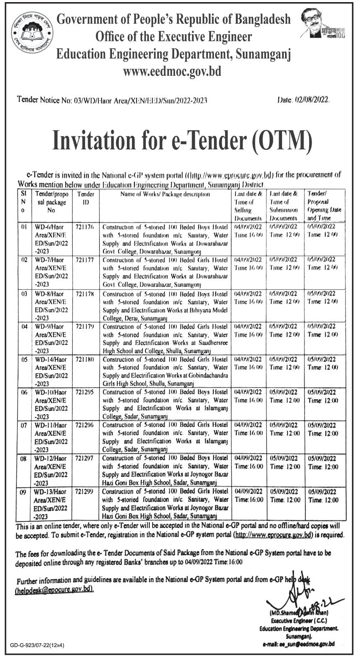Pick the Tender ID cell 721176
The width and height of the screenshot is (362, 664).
pyautogui.click(x=86, y=227)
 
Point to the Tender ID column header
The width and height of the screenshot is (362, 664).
pyautogui.click(x=86, y=198)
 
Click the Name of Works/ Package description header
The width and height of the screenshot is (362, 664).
pyautogui.click(x=165, y=195)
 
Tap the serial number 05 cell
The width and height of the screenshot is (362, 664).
pyautogui.click(x=24, y=359)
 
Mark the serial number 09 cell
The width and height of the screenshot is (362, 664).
pyautogui.click(x=24, y=492)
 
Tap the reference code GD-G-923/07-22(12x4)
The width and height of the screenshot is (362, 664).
pyautogui.click(x=37, y=645)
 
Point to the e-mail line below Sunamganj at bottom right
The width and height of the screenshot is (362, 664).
pyautogui.click(x=299, y=644)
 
